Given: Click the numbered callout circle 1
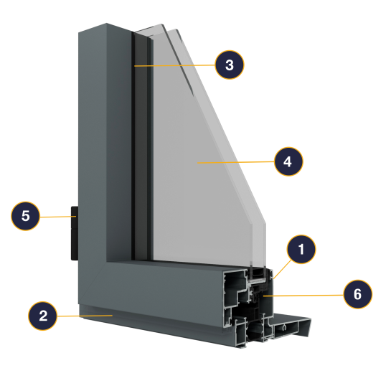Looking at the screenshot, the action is [x=301, y=249].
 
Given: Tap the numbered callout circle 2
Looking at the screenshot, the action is [x=42, y=316].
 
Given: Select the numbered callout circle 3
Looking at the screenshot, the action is [x=230, y=65].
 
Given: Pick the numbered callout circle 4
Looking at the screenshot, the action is [x=288, y=161].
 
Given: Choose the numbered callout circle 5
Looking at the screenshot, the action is [x=25, y=216].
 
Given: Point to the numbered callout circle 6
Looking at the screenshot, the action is [x=357, y=294].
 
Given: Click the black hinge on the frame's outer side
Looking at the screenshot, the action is [x=75, y=233].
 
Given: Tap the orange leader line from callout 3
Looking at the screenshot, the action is [x=174, y=65].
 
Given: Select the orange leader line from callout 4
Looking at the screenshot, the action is [x=236, y=162].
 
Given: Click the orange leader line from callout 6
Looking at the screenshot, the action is [x=303, y=296].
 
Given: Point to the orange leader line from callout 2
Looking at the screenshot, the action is [x=85, y=316].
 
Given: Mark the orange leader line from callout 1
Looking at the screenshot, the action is [x=283, y=269].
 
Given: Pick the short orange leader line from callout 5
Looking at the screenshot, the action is [x=58, y=217].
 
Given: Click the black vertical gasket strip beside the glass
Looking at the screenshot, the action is [x=141, y=147].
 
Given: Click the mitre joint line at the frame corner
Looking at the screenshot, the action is [x=93, y=282].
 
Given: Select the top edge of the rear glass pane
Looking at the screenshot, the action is [x=149, y=28].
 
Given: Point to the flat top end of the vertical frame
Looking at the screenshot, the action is [x=105, y=28].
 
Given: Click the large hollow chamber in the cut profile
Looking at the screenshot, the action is [x=234, y=287].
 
